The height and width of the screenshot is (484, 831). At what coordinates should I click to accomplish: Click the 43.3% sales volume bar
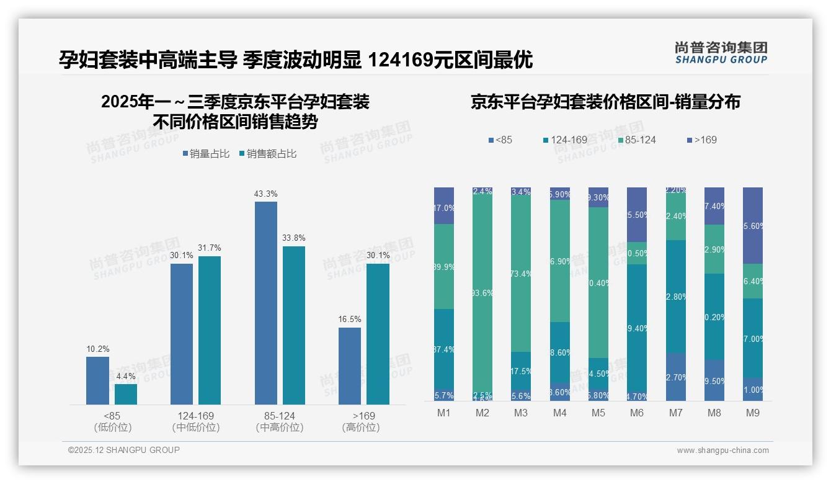(266, 303)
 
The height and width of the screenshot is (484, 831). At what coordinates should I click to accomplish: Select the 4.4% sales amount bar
(126, 394)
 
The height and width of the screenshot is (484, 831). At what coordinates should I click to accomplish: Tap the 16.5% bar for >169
(350, 366)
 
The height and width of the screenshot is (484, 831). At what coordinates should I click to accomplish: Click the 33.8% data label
(294, 238)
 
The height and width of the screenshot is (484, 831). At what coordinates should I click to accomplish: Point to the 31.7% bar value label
(210, 248)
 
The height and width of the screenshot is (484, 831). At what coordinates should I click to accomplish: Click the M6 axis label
(637, 413)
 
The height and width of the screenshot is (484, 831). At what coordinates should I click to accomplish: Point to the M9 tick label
(753, 413)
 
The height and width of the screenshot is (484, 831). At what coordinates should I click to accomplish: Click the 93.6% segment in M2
(482, 293)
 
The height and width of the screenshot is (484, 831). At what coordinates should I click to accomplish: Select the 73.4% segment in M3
(521, 274)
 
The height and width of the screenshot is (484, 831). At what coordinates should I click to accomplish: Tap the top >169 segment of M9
(753, 225)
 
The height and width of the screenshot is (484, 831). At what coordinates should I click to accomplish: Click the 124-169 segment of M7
(676, 297)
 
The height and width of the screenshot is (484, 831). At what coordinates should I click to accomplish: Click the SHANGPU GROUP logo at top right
(721, 53)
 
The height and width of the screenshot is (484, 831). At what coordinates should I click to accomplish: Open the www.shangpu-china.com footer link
(722, 450)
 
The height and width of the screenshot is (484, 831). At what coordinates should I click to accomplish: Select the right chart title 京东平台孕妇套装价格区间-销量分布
(605, 102)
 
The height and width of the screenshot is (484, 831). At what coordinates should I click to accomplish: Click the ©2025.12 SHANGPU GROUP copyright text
(124, 450)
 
